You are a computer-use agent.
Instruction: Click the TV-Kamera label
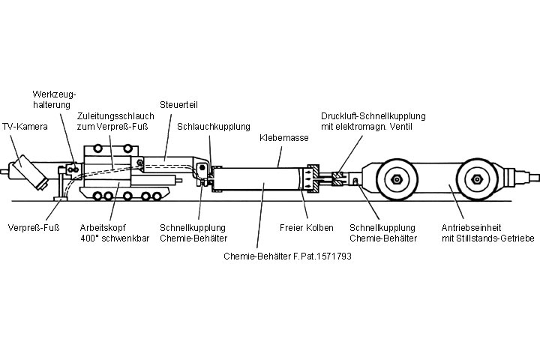pyautogui.click(x=25, y=127)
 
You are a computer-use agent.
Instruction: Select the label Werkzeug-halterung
pyautogui.click(x=55, y=99)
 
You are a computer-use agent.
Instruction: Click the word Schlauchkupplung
pyautogui.click(x=214, y=126)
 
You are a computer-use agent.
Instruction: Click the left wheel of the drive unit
pyautogui.click(x=394, y=180)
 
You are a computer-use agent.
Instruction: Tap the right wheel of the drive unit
pyautogui.click(x=475, y=180)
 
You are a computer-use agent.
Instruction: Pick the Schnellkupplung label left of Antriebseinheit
pyautogui.click(x=383, y=232)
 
